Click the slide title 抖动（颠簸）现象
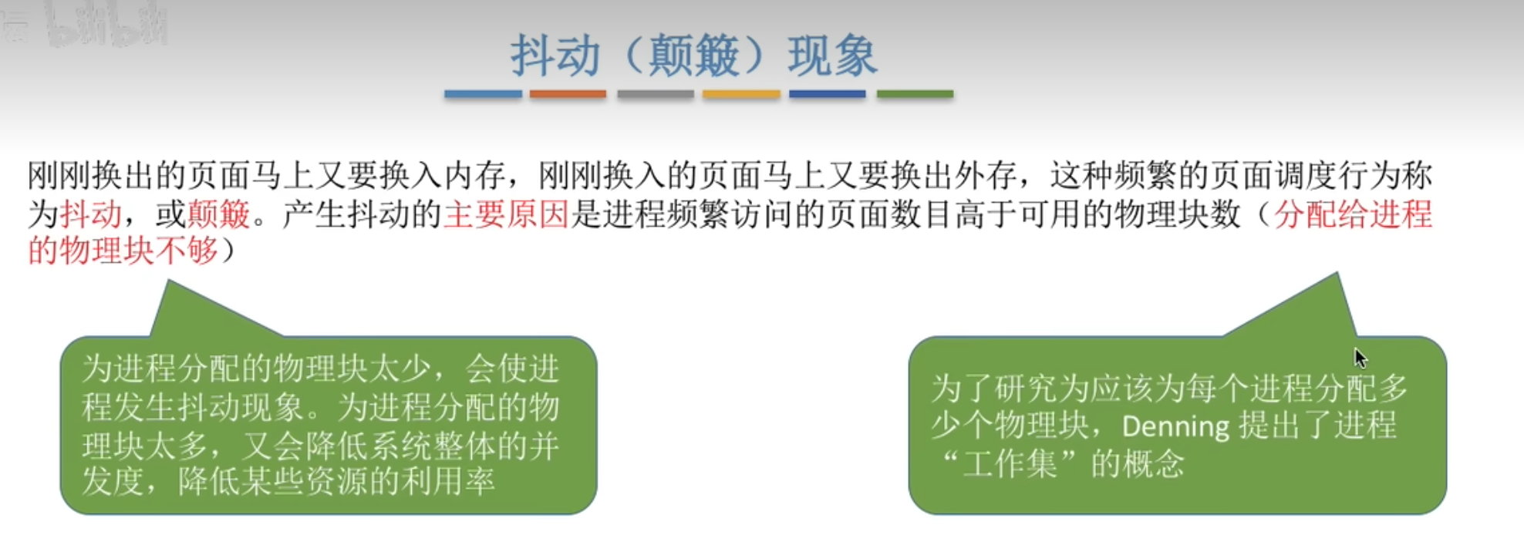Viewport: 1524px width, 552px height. (693, 56)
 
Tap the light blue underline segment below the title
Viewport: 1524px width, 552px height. (483, 94)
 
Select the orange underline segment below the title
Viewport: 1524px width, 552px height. (568, 94)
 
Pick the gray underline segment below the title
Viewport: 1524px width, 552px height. (656, 94)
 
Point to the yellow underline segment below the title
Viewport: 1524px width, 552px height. (741, 94)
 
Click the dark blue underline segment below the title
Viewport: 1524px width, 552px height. (828, 94)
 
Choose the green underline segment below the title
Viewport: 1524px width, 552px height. (915, 94)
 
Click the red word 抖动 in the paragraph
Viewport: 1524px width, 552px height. (91, 214)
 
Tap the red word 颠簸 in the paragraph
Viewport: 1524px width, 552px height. (219, 214)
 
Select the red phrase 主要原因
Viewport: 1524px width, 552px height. (506, 214)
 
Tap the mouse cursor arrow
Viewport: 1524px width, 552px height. (1360, 358)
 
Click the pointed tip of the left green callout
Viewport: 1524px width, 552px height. (168, 281)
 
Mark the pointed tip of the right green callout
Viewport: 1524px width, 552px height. (1337, 273)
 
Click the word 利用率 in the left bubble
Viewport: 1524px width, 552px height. (447, 483)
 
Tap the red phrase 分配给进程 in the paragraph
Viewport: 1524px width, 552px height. (1353, 214)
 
